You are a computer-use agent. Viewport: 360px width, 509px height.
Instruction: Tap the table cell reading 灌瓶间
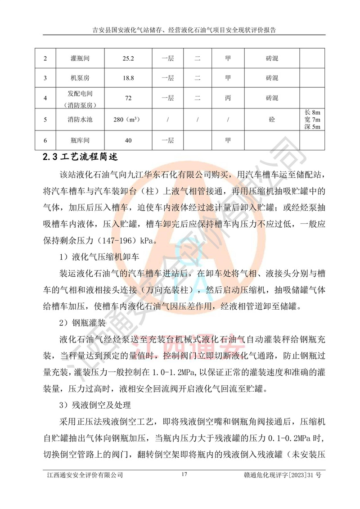pyautogui.click(x=80, y=59)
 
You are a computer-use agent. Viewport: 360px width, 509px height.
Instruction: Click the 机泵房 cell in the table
pyautogui.click(x=80, y=78)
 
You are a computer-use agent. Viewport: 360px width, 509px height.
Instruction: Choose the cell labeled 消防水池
pyautogui.click(x=80, y=120)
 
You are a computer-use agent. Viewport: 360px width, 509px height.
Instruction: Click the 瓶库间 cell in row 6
pyautogui.click(x=80, y=141)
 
